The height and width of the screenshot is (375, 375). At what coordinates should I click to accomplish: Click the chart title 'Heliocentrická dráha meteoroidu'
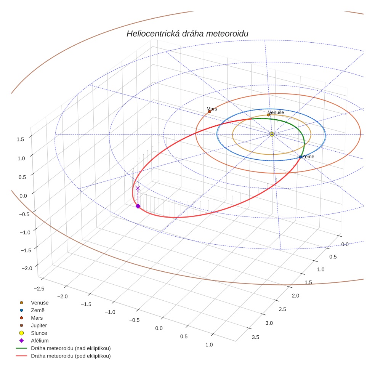tap(187, 34)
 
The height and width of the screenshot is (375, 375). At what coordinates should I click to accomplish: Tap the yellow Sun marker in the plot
tap(272, 134)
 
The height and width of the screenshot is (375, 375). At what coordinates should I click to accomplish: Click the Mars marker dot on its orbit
tap(210, 111)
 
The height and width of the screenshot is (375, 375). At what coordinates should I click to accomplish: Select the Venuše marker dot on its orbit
tap(268, 115)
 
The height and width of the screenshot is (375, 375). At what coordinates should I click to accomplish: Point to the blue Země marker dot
tap(301, 157)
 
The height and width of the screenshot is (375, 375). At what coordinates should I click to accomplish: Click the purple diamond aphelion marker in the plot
tap(138, 206)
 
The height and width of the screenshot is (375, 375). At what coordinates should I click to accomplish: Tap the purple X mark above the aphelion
tap(138, 188)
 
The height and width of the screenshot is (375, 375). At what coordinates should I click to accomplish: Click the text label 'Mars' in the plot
tap(212, 109)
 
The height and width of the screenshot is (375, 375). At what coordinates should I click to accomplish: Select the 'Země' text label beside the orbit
tap(308, 157)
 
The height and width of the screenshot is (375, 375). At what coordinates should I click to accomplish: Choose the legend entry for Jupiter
tap(39, 325)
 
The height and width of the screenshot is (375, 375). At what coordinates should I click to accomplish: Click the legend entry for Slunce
tap(39, 333)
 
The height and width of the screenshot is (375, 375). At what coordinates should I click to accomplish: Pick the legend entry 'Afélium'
tap(40, 341)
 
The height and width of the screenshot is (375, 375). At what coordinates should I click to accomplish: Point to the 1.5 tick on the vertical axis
tap(20, 139)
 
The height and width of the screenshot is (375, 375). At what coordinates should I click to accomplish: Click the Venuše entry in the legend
tap(40, 303)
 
